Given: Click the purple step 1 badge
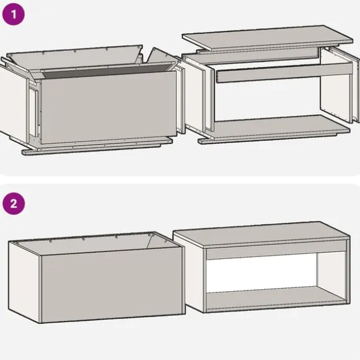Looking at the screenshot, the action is pyautogui.click(x=13, y=14).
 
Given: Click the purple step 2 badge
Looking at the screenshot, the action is pyautogui.click(x=14, y=204).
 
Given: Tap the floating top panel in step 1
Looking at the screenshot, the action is pyautogui.click(x=268, y=37).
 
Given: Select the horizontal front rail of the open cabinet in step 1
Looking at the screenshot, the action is pyautogui.click(x=284, y=73).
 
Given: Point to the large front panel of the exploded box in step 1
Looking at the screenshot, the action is pyautogui.click(x=109, y=107).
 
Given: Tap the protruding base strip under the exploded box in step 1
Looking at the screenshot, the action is pyautogui.click(x=96, y=147).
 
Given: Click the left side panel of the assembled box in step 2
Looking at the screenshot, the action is pyautogui.click(x=25, y=282).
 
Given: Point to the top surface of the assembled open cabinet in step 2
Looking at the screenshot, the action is pyautogui.click(x=262, y=234).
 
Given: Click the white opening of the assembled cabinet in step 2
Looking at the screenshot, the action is pyautogui.click(x=262, y=273).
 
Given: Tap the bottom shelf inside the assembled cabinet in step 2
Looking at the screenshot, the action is pyautogui.click(x=276, y=296).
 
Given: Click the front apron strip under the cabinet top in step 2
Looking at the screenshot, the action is pyautogui.click(x=276, y=250).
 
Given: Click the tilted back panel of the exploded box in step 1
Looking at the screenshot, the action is pyautogui.click(x=74, y=58).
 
